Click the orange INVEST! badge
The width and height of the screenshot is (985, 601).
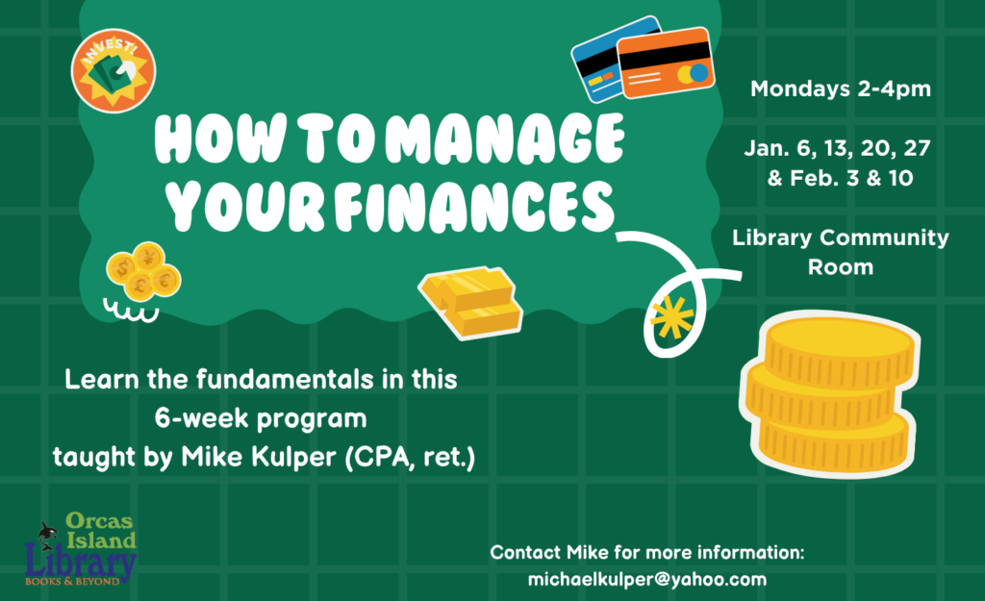(114, 71)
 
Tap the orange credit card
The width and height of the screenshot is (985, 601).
(666, 63)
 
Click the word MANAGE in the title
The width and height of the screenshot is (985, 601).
(505, 138)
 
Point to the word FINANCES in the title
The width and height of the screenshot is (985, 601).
(474, 206)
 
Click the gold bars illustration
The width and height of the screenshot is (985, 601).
(470, 301)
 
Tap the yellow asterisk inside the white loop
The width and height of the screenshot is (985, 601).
(671, 317)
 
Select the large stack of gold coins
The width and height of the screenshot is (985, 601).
(830, 393)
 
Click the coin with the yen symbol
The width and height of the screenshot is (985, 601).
(149, 258)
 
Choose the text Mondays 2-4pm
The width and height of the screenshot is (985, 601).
(841, 88)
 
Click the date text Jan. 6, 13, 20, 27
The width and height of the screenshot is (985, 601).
(838, 148)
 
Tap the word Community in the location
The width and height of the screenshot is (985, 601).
(885, 238)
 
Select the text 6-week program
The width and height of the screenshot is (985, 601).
(261, 418)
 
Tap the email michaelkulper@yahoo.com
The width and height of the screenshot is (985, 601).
(647, 579)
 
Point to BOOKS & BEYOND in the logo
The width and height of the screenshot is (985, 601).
(72, 582)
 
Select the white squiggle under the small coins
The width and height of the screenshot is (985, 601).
(131, 311)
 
